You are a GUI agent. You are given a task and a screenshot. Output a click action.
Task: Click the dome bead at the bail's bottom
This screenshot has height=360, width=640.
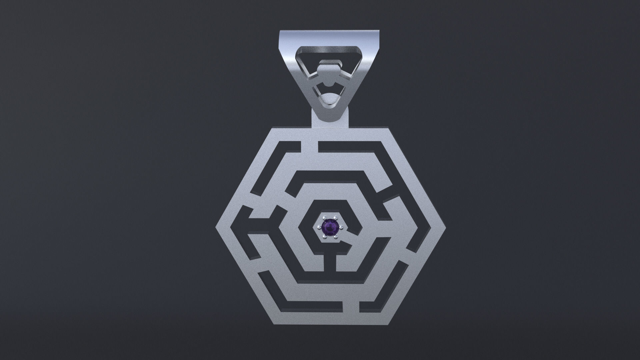[x=330, y=100]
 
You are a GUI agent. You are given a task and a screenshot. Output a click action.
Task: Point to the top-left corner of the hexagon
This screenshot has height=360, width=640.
[x=273, y=128]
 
